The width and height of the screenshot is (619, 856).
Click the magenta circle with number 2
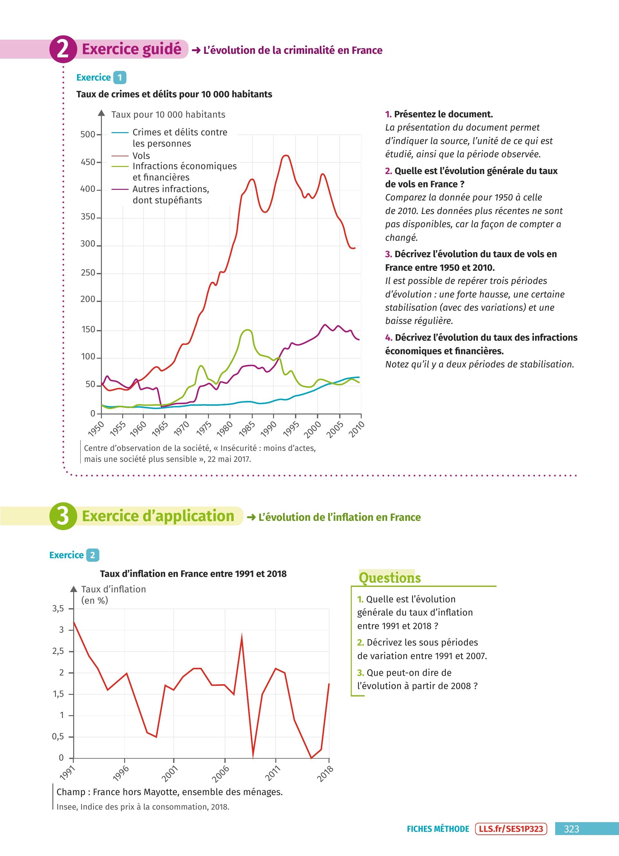coord(63,49)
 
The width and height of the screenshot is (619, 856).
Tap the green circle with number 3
coord(63,516)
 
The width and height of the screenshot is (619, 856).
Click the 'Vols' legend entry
coord(141,155)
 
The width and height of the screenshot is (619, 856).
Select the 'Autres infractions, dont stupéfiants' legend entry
coord(171,194)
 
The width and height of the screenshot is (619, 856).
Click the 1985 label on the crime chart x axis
coord(248,429)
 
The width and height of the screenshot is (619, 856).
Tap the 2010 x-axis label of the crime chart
coord(356,429)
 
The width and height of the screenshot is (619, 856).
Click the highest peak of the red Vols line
coord(286,155)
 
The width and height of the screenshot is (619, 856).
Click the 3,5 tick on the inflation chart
coord(58,608)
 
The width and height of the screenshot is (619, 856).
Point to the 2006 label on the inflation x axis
coord(221,774)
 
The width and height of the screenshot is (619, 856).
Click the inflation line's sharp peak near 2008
coord(241,637)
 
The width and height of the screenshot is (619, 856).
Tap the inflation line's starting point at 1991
coord(74,622)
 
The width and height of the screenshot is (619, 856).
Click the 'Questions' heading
coord(389,578)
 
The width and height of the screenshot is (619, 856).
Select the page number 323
coord(571,829)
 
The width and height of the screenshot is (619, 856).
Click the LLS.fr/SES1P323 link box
coord(511,829)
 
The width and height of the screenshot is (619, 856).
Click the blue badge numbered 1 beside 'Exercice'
coord(120,78)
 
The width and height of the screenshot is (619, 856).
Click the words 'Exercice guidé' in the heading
coord(131,49)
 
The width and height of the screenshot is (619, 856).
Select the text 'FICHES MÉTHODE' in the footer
coord(437,829)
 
